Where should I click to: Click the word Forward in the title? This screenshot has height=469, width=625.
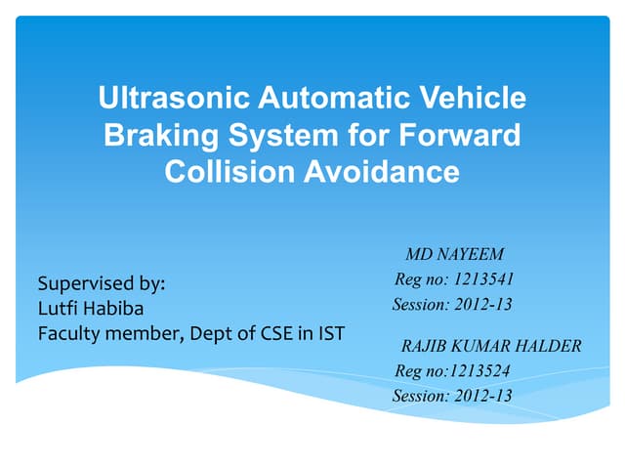point(463,136)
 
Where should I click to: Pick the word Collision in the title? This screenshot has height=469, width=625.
point(218,172)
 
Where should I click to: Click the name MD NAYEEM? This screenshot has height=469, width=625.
point(454,256)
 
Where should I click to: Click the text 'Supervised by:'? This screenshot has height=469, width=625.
point(102,284)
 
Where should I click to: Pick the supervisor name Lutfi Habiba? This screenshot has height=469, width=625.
point(90,310)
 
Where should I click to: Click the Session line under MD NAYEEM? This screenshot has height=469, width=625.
point(452,305)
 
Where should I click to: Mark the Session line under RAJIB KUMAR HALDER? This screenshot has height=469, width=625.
point(452,396)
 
